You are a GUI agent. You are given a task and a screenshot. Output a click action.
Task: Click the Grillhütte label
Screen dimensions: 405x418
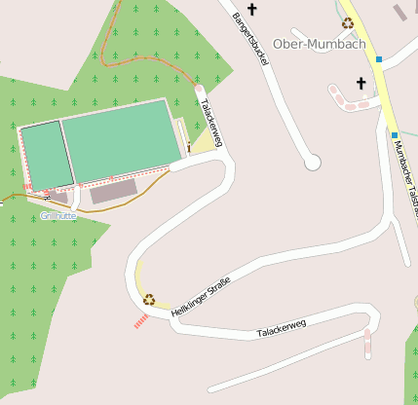pyautogui.click(x=58, y=215)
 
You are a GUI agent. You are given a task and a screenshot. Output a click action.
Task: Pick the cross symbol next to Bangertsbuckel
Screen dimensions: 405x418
pyautogui.click(x=252, y=10)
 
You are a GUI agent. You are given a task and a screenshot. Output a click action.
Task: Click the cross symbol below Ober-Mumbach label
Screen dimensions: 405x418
pyautogui.click(x=361, y=83)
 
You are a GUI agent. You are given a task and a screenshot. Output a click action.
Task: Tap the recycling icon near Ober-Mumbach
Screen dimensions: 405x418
pyautogui.click(x=348, y=22)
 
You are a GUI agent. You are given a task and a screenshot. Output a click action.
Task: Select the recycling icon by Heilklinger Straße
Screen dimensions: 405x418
pyautogui.click(x=149, y=299)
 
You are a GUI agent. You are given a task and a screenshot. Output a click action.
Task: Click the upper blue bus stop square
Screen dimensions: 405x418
pyautogui.click(x=378, y=58)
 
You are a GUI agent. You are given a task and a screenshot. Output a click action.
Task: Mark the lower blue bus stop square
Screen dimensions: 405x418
pyautogui.click(x=395, y=134)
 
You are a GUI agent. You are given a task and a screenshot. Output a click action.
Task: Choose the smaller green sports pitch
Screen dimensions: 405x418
pyautogui.click(x=46, y=156)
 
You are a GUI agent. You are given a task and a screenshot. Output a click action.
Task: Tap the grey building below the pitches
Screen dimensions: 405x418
pyautogui.click(x=114, y=191)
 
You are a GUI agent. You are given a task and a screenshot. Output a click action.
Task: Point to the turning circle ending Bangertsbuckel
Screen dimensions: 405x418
pyautogui.click(x=312, y=163)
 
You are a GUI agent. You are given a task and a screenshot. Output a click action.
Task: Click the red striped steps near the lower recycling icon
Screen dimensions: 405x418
pyautogui.click(x=142, y=318)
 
